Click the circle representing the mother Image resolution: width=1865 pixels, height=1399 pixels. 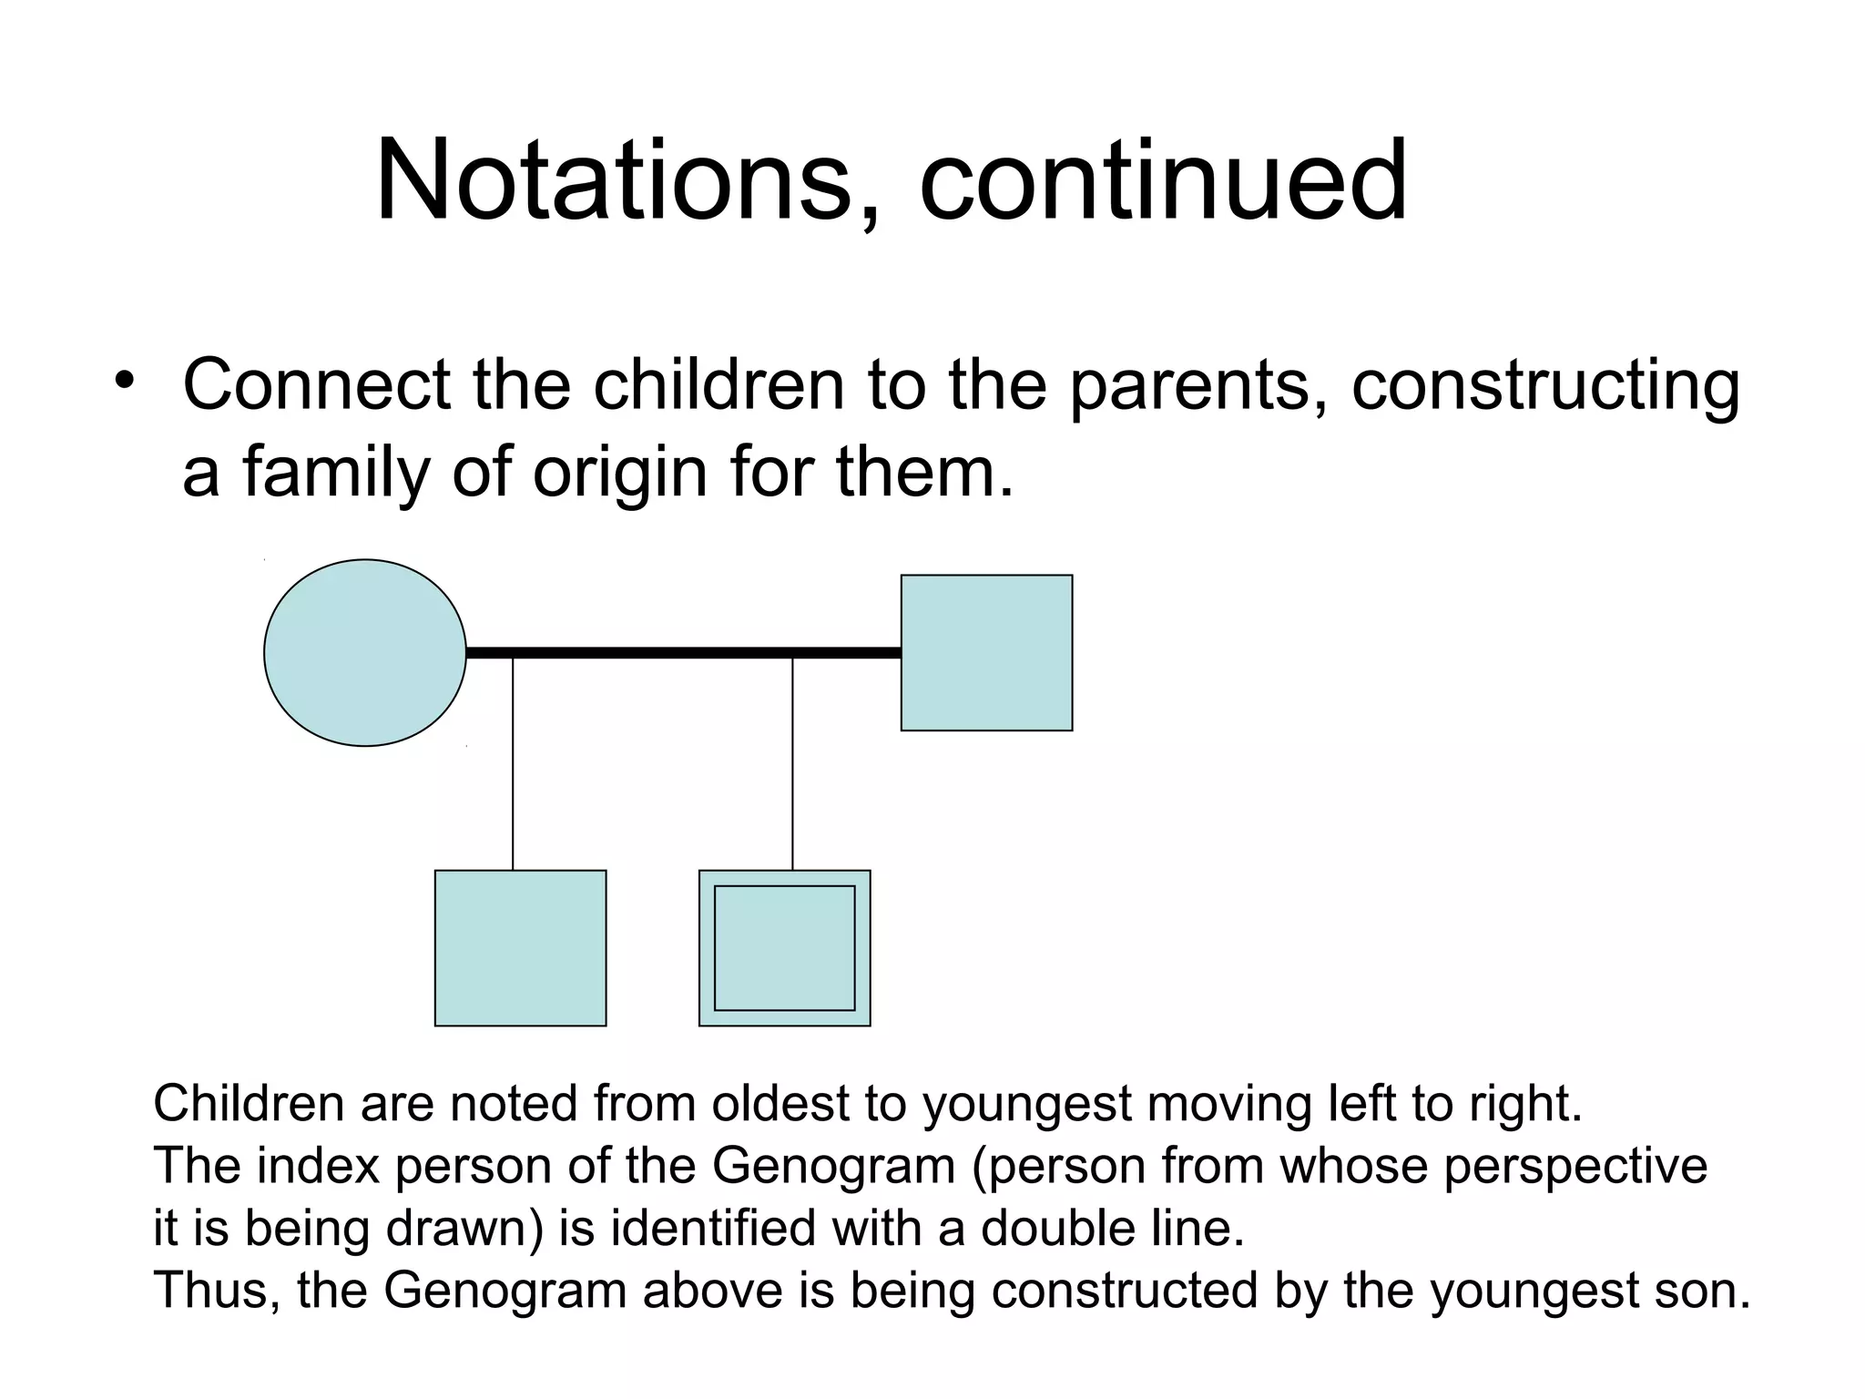(365, 652)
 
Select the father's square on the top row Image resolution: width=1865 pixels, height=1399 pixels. (986, 652)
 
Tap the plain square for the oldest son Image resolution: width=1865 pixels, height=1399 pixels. (520, 947)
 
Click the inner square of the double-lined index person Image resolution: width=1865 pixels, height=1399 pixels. (784, 947)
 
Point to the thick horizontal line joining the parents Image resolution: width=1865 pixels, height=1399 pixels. (683, 652)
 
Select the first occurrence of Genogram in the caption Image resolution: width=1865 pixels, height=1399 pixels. (832, 1166)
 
